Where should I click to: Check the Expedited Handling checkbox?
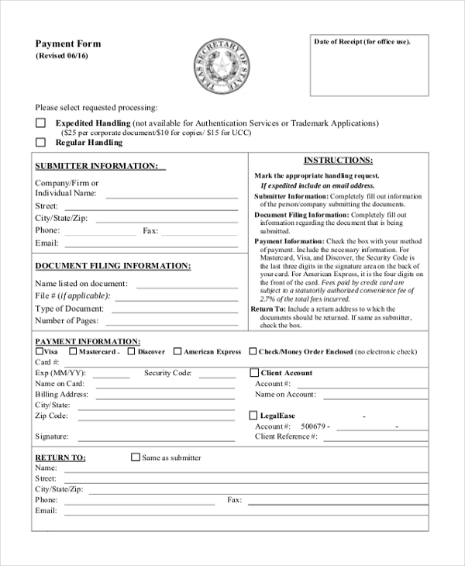pos(40,123)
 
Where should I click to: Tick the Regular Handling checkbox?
pos(40,143)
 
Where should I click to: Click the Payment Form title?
pos(68,44)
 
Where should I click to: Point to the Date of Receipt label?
pos(362,41)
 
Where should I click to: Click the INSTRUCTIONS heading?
pos(338,160)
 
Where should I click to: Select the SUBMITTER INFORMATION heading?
pos(97,166)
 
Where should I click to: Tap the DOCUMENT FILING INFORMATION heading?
pos(112,266)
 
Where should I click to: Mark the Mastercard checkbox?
pos(73,351)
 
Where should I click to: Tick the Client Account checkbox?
pos(253,373)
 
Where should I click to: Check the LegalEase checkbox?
pos(253,416)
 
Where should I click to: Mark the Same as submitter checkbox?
pos(136,457)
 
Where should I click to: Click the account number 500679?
pos(315,426)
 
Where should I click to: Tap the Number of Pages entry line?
pos(174,323)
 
